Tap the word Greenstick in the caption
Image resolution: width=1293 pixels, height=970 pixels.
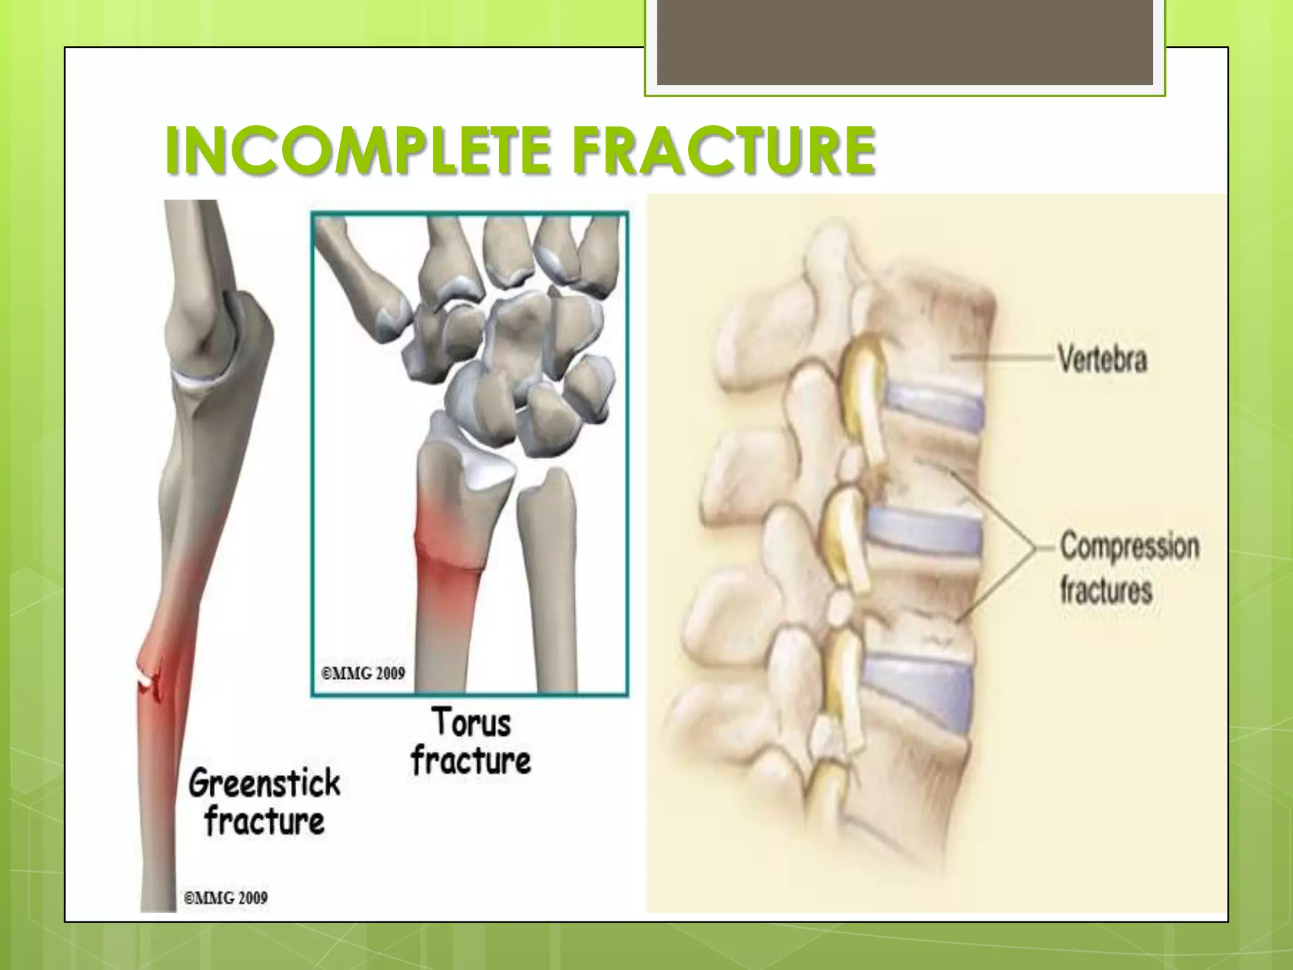265,783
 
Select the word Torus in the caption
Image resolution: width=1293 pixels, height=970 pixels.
471,722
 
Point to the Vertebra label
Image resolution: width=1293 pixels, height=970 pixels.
1102,359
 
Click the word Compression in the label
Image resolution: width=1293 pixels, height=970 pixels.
1129,546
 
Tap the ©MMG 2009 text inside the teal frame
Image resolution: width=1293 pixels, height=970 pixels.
363,673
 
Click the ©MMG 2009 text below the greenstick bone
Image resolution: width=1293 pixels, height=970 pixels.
225,897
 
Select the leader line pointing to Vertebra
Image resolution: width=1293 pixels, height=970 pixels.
1004,357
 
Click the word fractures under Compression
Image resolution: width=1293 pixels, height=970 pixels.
1106,591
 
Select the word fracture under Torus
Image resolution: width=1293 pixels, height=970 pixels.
471,760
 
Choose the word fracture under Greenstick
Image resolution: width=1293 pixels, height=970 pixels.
265,821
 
